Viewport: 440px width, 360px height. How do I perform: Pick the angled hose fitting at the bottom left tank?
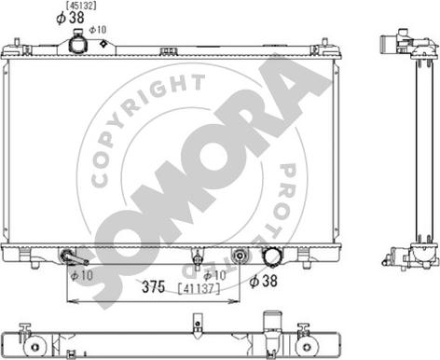[73, 256]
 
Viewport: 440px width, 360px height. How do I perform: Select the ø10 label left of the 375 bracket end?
[213, 275]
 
